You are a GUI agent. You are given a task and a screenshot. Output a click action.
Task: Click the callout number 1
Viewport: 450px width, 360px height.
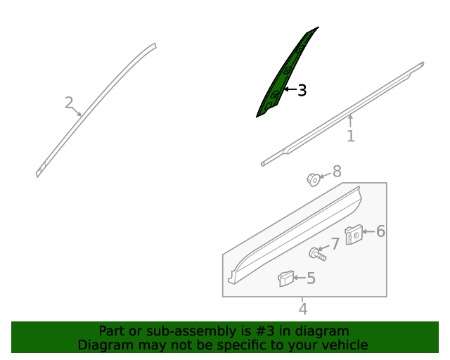click(x=351, y=136)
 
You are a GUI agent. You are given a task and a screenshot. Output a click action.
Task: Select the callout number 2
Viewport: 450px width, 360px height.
click(x=69, y=103)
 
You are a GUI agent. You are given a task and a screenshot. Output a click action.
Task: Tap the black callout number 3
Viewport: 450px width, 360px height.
click(x=302, y=90)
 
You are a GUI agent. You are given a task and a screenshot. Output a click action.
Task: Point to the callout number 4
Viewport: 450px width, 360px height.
click(x=303, y=309)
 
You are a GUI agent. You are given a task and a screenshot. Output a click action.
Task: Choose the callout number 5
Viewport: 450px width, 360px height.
click(x=311, y=278)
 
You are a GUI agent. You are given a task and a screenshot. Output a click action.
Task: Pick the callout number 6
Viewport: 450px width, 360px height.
click(x=380, y=231)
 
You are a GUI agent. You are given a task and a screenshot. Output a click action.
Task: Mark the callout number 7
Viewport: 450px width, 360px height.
click(x=335, y=244)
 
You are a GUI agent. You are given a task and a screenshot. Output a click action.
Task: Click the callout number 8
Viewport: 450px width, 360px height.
click(x=337, y=172)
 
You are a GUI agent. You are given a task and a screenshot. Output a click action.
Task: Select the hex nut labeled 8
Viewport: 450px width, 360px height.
click(x=314, y=180)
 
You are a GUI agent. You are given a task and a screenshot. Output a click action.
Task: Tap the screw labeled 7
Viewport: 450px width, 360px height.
click(x=317, y=254)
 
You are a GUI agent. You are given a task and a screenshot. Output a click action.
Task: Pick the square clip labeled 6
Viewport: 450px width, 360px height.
click(x=354, y=235)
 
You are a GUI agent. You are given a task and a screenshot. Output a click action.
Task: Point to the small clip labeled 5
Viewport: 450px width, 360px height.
click(x=285, y=278)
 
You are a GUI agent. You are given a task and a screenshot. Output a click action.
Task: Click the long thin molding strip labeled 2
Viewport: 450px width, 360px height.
click(x=95, y=109)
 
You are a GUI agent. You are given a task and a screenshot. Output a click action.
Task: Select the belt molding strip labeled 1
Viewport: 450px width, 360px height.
click(x=343, y=114)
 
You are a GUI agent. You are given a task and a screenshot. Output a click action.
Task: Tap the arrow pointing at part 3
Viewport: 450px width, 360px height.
click(x=290, y=89)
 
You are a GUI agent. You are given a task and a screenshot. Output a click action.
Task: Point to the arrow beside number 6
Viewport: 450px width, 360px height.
click(x=368, y=231)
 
